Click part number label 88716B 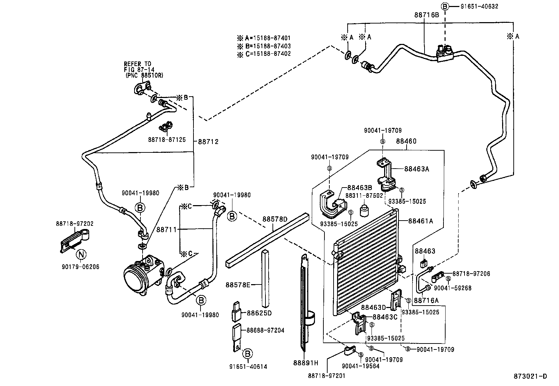pos(426,15)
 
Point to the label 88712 pos(208,142)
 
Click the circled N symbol pos(81,254)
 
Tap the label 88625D pos(259,313)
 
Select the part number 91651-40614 pos(248,367)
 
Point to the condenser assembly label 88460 pos(406,141)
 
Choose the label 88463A pos(417,169)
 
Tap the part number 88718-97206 pos(471,274)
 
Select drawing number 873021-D pos(531,377)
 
